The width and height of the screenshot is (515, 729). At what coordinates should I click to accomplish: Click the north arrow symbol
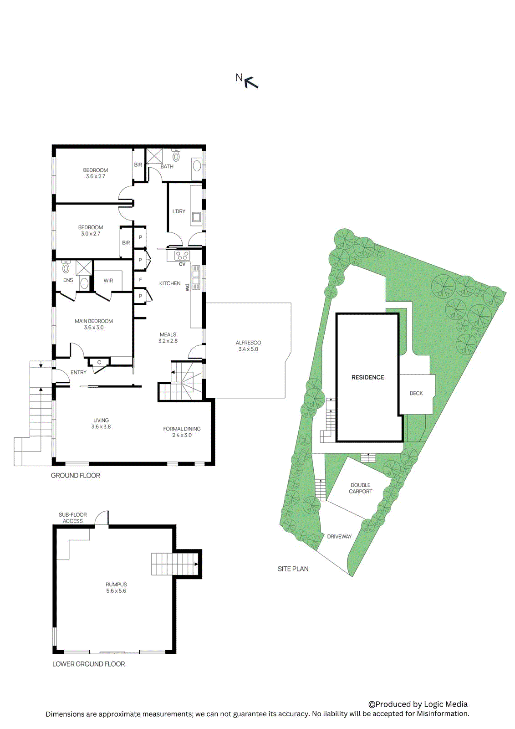[x=251, y=82]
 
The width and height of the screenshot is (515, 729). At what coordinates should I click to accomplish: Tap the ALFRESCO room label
[x=248, y=346]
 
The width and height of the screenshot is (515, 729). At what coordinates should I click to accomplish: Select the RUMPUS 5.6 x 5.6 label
[x=116, y=587]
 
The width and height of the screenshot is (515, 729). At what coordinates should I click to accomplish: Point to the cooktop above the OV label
[x=182, y=256]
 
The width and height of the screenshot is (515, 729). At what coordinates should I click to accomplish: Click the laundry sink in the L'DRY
[x=196, y=217]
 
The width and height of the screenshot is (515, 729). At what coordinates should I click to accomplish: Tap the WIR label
[x=108, y=281]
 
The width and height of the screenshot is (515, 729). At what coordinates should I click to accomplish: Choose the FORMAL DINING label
[x=182, y=432]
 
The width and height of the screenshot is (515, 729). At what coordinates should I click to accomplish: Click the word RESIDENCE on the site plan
[x=367, y=377]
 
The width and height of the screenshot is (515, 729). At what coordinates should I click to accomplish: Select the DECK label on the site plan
[x=416, y=393]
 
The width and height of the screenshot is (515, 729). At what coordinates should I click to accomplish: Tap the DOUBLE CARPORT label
[x=360, y=488]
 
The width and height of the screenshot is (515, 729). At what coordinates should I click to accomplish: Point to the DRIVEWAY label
[x=339, y=536]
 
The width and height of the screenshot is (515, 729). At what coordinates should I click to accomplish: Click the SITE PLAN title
[x=293, y=569]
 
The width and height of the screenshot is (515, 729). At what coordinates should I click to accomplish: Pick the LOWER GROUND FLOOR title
[x=88, y=664]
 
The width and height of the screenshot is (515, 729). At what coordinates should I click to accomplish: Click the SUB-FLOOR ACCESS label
[x=73, y=518]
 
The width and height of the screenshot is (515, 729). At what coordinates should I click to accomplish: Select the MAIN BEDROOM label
[x=94, y=324]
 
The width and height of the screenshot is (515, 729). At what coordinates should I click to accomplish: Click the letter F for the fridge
[x=140, y=280]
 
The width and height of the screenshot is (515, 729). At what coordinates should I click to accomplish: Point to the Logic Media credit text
[x=418, y=704]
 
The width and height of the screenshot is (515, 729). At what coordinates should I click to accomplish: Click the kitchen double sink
[x=196, y=277]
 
